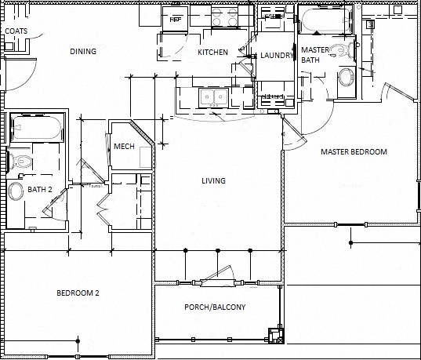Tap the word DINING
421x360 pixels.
tap(83, 52)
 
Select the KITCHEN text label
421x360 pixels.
tap(212, 53)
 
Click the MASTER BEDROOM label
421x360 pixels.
tap(354, 151)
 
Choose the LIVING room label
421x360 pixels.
tap(213, 181)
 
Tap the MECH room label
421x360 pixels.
tap(124, 147)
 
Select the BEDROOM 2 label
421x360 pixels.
tap(78, 293)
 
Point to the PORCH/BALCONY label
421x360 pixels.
tap(215, 307)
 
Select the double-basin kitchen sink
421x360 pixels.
tap(212, 97)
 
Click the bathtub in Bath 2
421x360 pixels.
tap(34, 129)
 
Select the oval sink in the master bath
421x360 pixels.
tap(345, 78)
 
